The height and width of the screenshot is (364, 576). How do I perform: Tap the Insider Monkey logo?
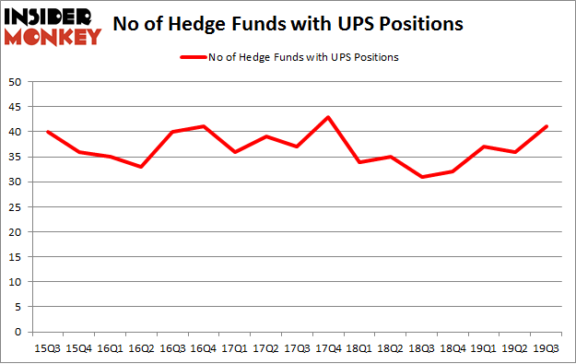(53, 26)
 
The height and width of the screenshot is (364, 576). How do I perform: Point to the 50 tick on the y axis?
(16, 82)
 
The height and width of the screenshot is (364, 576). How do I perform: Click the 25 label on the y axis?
(16, 206)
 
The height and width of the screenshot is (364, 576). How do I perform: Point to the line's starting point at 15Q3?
(48, 132)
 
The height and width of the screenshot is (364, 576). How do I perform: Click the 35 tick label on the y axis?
(16, 157)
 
